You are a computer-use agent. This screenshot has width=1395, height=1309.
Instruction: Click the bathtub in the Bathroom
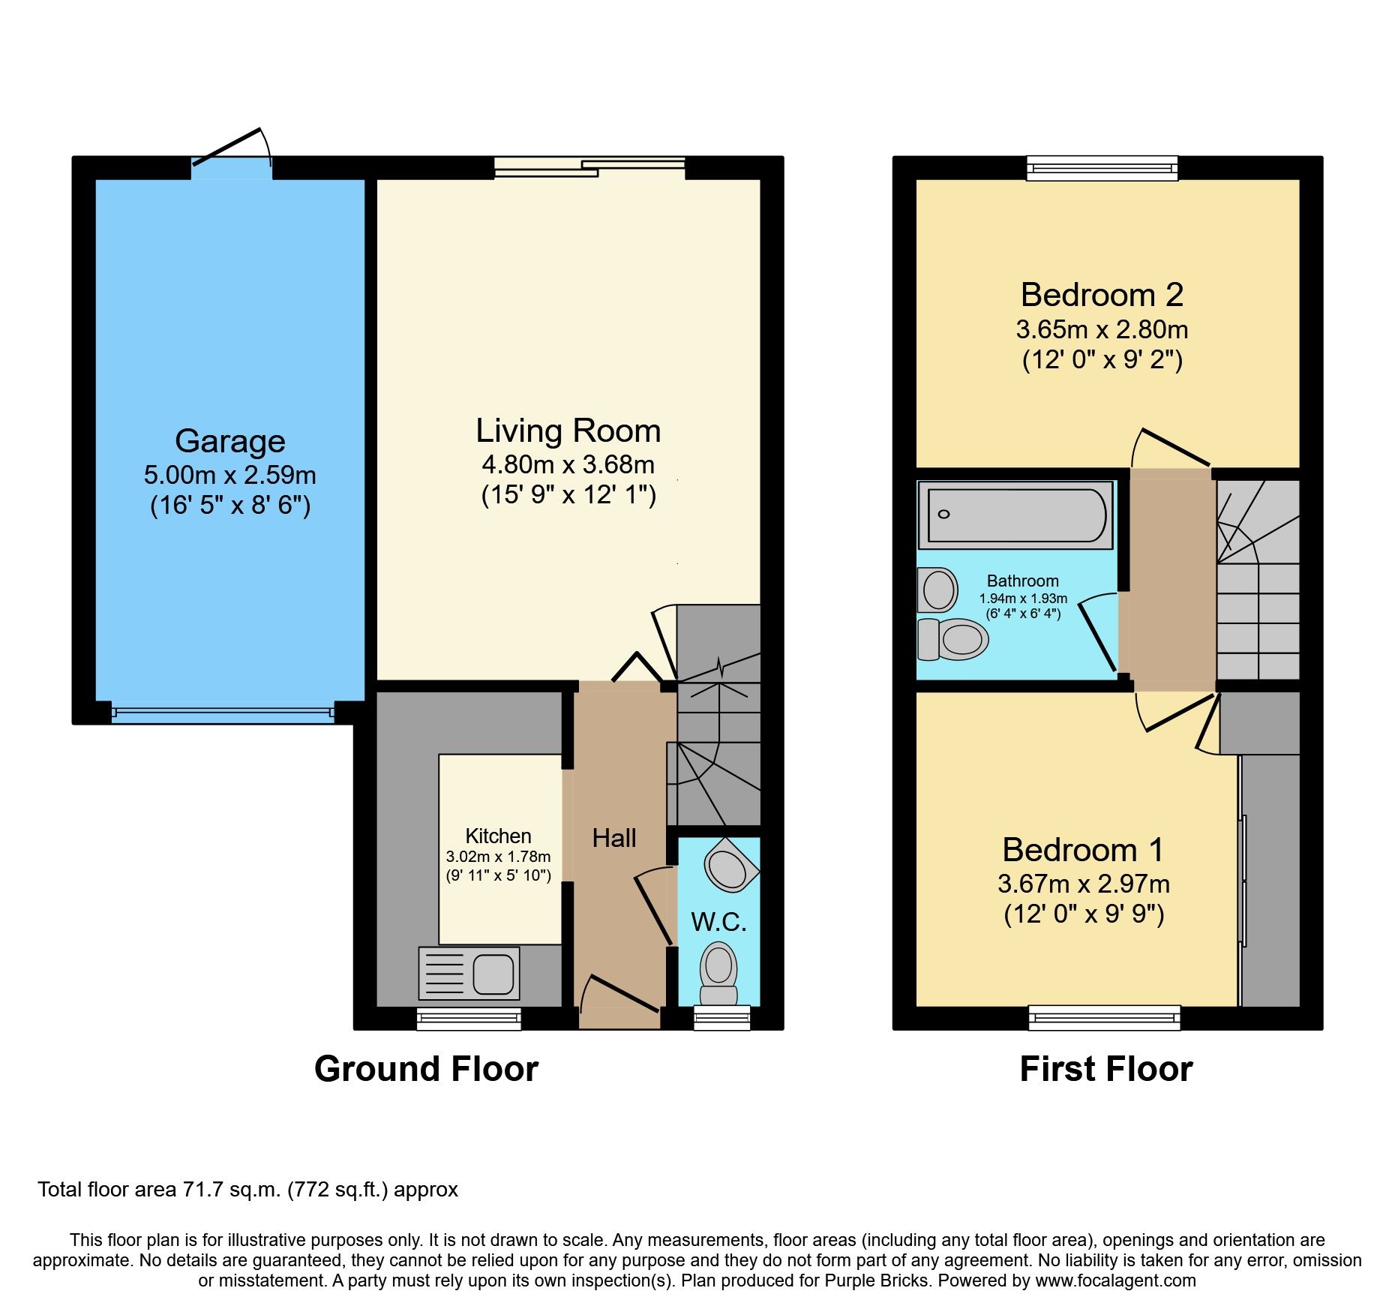tap(1015, 515)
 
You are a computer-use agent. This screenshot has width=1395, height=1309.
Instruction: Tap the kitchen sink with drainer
tap(469, 973)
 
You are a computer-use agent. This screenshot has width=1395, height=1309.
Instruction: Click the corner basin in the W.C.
tap(730, 865)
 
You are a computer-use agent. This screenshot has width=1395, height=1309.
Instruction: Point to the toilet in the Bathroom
tap(952, 639)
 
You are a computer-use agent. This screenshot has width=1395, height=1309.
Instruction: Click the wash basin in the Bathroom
tap(937, 590)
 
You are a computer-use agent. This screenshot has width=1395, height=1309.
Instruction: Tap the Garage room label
tap(230, 441)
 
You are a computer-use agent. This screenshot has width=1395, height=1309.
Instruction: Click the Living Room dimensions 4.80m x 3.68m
tap(568, 464)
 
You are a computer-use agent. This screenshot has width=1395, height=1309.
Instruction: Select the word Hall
tap(614, 838)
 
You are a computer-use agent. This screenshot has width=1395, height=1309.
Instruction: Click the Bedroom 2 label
tap(1102, 295)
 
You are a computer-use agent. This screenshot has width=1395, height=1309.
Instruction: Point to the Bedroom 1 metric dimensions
tap(1084, 884)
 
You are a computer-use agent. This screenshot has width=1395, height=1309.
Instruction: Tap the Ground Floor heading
tap(426, 1069)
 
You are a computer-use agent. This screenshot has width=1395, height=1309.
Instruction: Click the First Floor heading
tap(1106, 1069)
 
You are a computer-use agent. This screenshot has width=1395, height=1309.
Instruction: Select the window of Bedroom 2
tap(1102, 168)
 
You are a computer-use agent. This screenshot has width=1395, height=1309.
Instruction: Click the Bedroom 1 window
tap(1105, 1018)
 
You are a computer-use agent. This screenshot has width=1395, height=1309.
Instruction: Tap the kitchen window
tap(469, 1018)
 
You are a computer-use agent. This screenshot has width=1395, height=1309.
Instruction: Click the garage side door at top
tap(232, 153)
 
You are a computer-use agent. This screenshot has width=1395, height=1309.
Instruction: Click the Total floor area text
tap(247, 1190)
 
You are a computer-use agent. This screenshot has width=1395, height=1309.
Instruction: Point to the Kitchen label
tap(498, 836)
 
